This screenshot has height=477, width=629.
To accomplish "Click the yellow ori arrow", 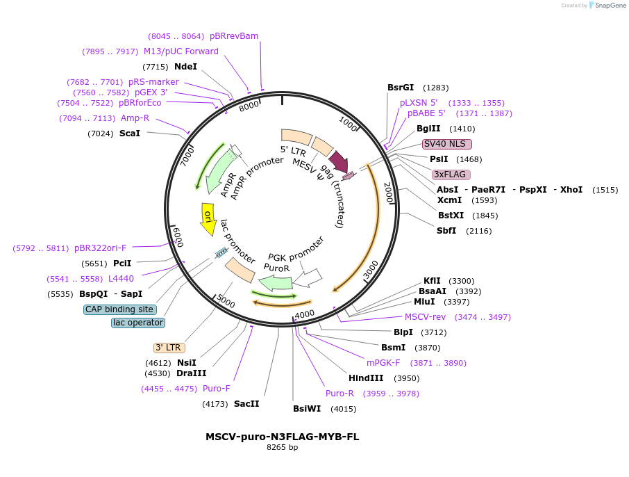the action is (208, 219).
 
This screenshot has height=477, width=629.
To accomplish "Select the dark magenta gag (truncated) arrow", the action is (339, 161).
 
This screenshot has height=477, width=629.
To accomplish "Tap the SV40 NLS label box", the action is (447, 144).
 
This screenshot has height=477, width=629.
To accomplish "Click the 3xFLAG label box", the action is (451, 175).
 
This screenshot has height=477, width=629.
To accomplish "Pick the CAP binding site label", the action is (120, 309).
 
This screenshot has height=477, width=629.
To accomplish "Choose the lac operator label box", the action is (138, 323).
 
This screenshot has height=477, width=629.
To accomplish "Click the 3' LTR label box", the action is (169, 348).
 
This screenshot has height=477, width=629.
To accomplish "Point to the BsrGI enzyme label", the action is (401, 88).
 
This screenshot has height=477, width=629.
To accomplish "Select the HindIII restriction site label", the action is (366, 378).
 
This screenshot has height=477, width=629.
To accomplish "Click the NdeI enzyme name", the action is (186, 67).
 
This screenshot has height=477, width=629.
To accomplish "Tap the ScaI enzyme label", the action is (130, 134).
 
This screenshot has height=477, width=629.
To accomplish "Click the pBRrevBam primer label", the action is (234, 36).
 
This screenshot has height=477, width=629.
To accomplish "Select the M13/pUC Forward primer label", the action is (181, 51).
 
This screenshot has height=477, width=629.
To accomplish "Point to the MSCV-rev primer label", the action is (425, 317).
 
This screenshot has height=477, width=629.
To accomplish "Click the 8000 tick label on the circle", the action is (249, 106).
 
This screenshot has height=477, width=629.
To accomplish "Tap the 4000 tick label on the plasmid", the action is (305, 314).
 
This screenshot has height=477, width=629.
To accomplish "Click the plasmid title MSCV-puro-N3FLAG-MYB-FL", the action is (283, 437).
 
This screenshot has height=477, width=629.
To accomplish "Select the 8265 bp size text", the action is (283, 447).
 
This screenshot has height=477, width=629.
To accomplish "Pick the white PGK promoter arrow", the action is (308, 278).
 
